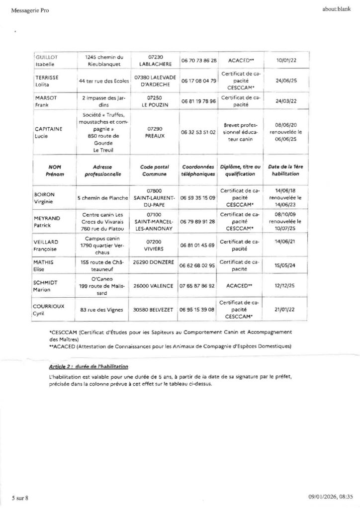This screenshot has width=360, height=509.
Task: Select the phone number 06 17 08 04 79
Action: pos(198,81)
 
